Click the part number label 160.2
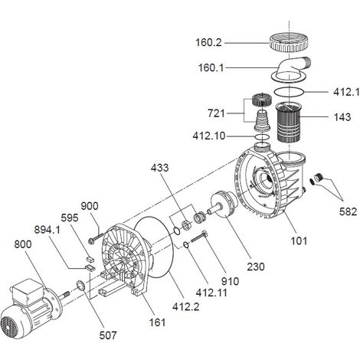[x=208, y=42]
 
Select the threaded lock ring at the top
[x=290, y=44]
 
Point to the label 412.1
[x=346, y=92]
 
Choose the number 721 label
[x=216, y=113]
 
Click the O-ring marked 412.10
[x=262, y=137]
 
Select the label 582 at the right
[x=348, y=211]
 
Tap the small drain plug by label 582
[x=318, y=177]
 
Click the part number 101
[x=299, y=241]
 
